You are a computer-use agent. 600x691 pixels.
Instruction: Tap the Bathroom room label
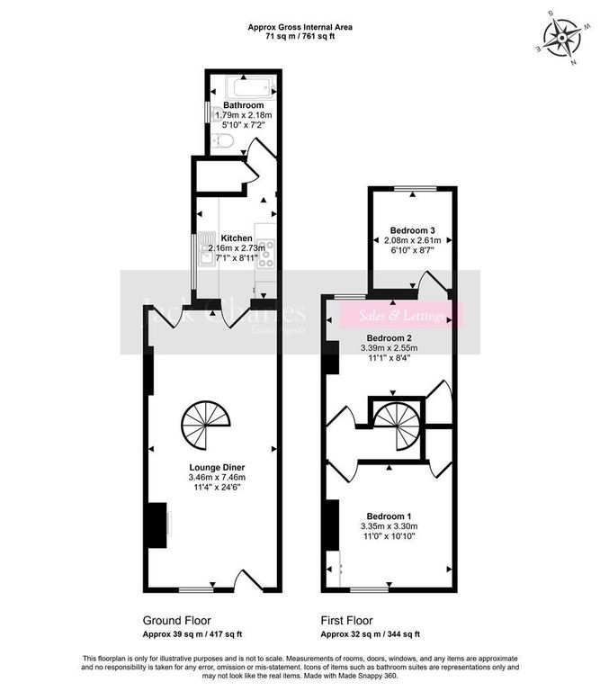pyautogui.click(x=244, y=106)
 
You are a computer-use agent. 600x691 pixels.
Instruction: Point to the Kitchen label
pyautogui.click(x=236, y=238)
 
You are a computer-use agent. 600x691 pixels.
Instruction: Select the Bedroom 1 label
pyautogui.click(x=387, y=514)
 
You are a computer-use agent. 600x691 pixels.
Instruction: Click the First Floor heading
pyautogui.click(x=347, y=621)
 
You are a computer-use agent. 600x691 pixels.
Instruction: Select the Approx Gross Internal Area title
pyautogui.click(x=300, y=28)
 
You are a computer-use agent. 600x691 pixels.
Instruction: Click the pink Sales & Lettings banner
pyautogui.click(x=401, y=316)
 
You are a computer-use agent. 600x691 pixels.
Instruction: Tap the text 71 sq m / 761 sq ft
pyautogui.click(x=300, y=38)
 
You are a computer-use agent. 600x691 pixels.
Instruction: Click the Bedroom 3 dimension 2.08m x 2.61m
pyautogui.click(x=410, y=240)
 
